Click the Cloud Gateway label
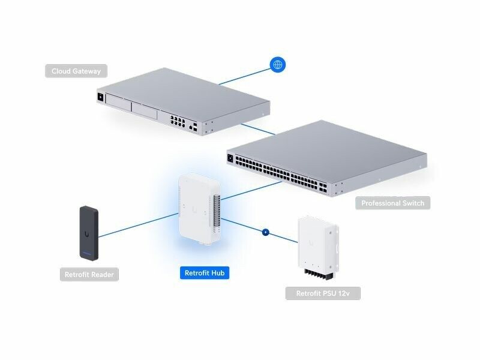76,71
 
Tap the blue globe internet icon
277,64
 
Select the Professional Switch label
392,203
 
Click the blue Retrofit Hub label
205,273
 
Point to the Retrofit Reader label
89,275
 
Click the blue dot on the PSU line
265,231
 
